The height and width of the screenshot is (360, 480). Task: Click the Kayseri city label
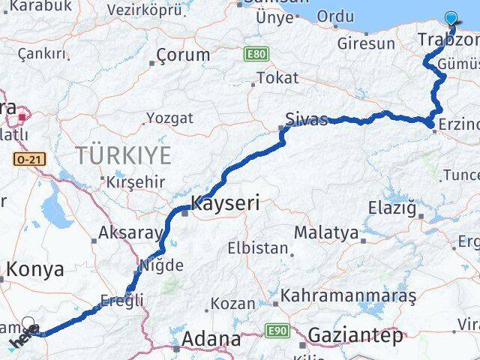[226, 202]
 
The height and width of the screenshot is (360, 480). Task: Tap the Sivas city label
[306, 119]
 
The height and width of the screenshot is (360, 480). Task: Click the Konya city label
[36, 270]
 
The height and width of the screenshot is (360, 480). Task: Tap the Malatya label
[326, 232]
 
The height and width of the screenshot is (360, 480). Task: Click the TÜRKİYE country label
[123, 156]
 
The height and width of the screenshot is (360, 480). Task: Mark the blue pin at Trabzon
[451, 19]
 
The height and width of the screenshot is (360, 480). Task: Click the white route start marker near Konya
[28, 324]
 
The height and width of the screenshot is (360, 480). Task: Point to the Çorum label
[184, 55]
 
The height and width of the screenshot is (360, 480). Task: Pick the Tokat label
[277, 78]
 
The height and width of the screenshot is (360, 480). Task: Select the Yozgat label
[169, 118]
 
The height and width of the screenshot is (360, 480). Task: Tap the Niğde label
[161, 265]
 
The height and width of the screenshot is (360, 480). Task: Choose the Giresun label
[365, 43]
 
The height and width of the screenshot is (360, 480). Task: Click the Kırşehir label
[136, 182]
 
